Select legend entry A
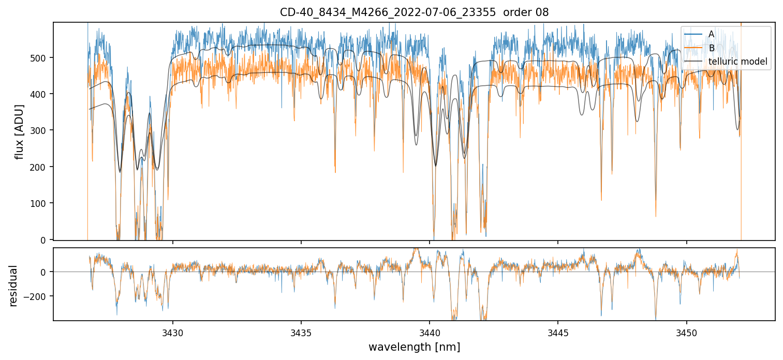[711, 34]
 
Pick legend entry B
[711, 48]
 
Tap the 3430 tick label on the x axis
[173, 332]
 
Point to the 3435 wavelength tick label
[301, 332]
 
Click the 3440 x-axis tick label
[430, 332]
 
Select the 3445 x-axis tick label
[558, 332]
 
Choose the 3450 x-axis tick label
[687, 332]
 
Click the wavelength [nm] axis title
[414, 347]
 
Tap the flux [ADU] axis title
[20, 131]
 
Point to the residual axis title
[13, 286]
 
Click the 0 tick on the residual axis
[45, 272]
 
